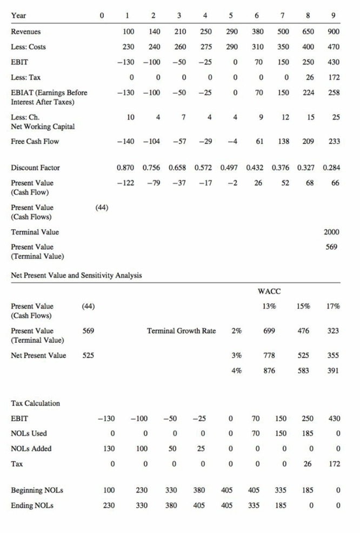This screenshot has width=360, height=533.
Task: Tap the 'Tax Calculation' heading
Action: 36,403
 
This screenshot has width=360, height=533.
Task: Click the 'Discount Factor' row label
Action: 35,168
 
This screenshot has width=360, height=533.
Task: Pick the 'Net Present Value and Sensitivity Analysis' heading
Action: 76,276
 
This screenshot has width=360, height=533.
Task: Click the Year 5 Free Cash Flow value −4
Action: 234,141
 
